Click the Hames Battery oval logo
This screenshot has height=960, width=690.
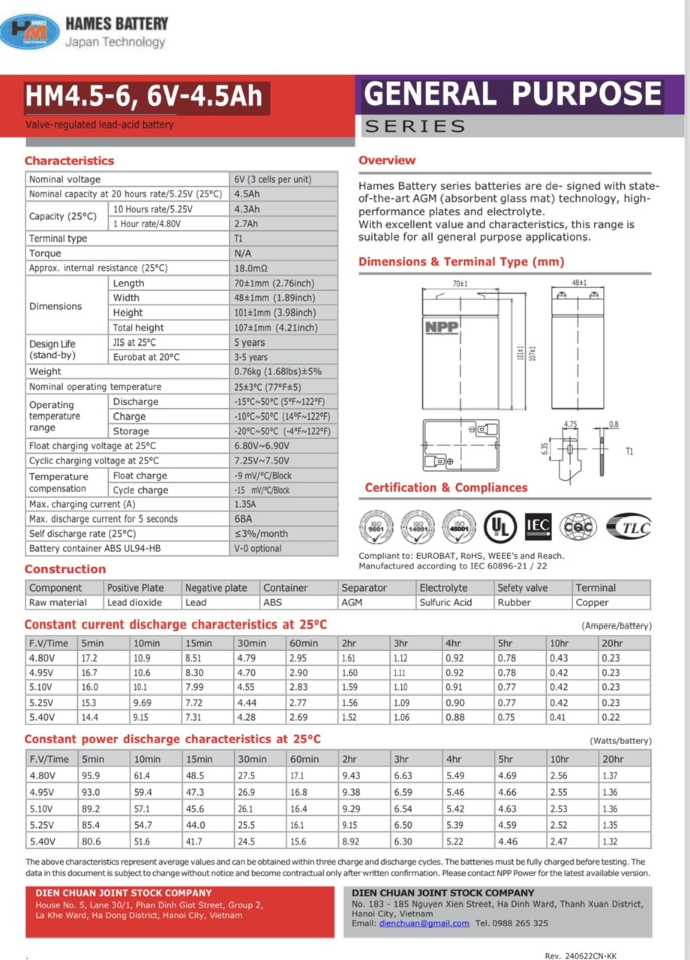coord(30,31)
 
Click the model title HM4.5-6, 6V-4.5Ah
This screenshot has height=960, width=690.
coord(143,97)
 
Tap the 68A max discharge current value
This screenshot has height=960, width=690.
coord(243,519)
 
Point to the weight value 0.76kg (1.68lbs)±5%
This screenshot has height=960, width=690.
coord(277,371)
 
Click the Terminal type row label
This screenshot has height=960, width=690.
coord(58,238)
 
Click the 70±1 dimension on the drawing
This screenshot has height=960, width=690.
coord(460,284)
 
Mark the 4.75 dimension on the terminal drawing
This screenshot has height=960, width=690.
coord(571,424)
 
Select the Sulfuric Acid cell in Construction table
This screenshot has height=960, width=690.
coord(445,602)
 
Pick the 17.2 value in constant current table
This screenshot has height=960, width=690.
coord(89,658)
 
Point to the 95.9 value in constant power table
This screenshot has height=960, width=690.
coord(90,775)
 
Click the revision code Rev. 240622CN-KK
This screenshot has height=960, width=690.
coord(580,955)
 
